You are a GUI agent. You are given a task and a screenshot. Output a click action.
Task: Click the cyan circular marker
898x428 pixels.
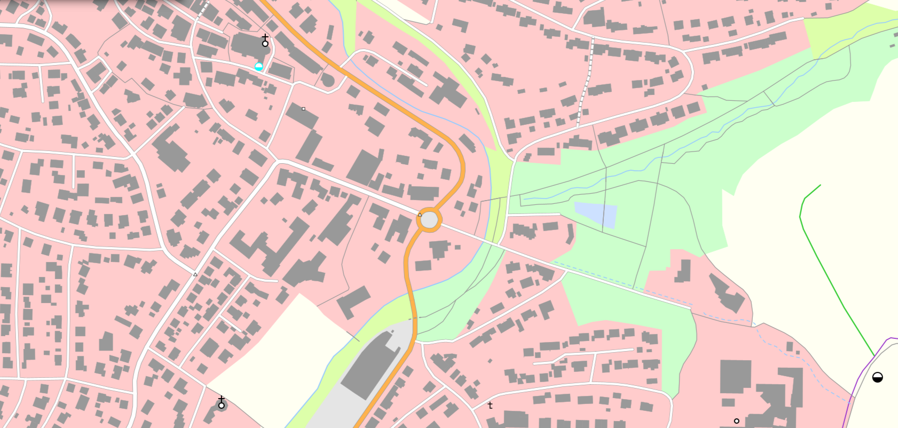point(259,67)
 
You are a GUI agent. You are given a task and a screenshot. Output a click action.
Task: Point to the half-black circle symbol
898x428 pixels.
point(877,378)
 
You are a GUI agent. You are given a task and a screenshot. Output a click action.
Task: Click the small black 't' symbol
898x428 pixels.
point(490,406)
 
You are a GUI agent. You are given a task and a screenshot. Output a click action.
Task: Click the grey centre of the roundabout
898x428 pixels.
point(429,220)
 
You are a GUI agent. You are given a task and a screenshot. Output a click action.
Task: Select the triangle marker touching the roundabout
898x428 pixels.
point(420,215)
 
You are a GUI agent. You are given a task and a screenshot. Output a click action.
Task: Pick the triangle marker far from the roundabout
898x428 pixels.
point(195,274)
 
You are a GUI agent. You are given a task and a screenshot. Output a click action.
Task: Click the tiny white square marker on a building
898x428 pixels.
point(304,109)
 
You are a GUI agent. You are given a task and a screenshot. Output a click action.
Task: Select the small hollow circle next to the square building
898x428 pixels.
point(737,421)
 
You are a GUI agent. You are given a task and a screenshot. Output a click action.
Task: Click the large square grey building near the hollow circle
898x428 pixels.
point(735,376)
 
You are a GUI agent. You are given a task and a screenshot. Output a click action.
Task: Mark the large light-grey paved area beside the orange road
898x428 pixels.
point(374,384)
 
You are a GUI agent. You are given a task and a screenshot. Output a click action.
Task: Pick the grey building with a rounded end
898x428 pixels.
point(328,80)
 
